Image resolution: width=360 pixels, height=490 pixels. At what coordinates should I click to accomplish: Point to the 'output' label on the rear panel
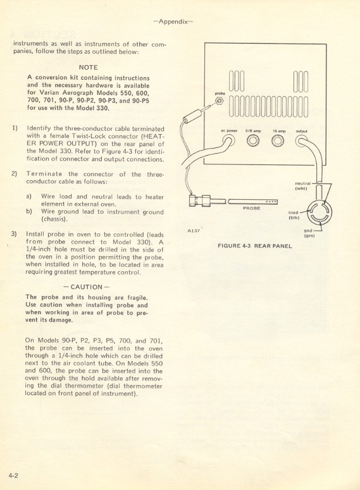point(302,130)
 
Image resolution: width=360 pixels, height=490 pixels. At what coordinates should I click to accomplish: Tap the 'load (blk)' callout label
point(294,215)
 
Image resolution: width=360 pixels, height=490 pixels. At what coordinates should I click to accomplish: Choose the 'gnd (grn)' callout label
point(309,233)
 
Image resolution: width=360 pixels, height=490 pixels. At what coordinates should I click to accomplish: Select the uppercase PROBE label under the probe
point(251,208)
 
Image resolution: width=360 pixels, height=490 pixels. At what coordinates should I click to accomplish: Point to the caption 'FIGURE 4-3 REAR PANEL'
point(254,245)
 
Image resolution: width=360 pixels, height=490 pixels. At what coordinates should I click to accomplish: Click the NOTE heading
point(88,66)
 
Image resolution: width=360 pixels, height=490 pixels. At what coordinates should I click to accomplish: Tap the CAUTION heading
point(87,286)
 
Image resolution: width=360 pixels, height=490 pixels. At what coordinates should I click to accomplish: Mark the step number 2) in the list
point(14,173)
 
